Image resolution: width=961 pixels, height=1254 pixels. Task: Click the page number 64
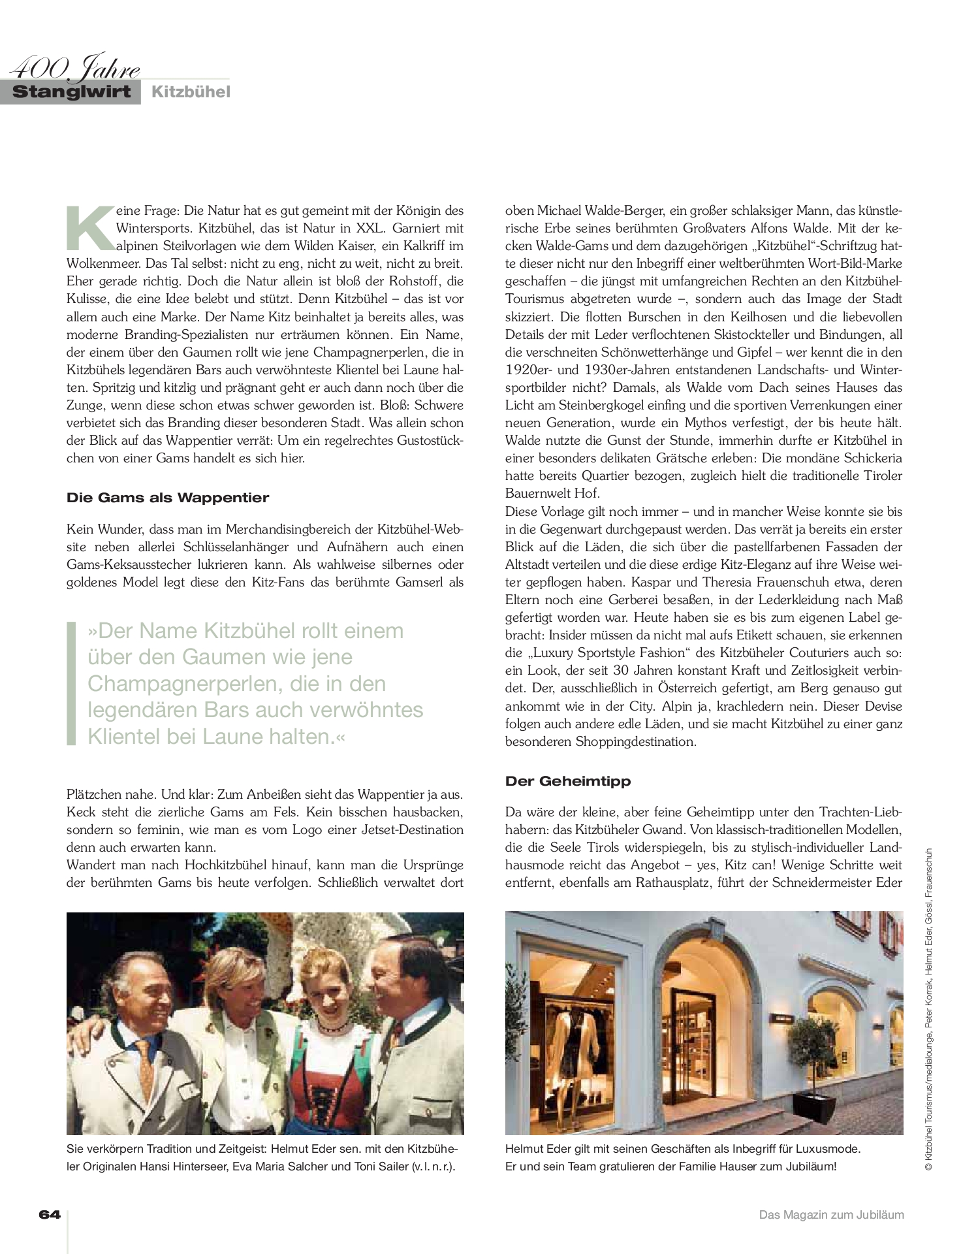click(x=50, y=1215)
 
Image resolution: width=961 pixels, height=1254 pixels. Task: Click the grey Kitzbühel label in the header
click(x=191, y=92)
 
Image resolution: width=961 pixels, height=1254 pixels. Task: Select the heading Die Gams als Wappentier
click(x=168, y=498)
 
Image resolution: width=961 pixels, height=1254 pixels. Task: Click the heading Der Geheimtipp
click(x=568, y=780)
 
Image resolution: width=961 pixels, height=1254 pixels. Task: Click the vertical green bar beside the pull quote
click(x=71, y=683)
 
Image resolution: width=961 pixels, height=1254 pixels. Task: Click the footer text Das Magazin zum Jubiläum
click(x=831, y=1215)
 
